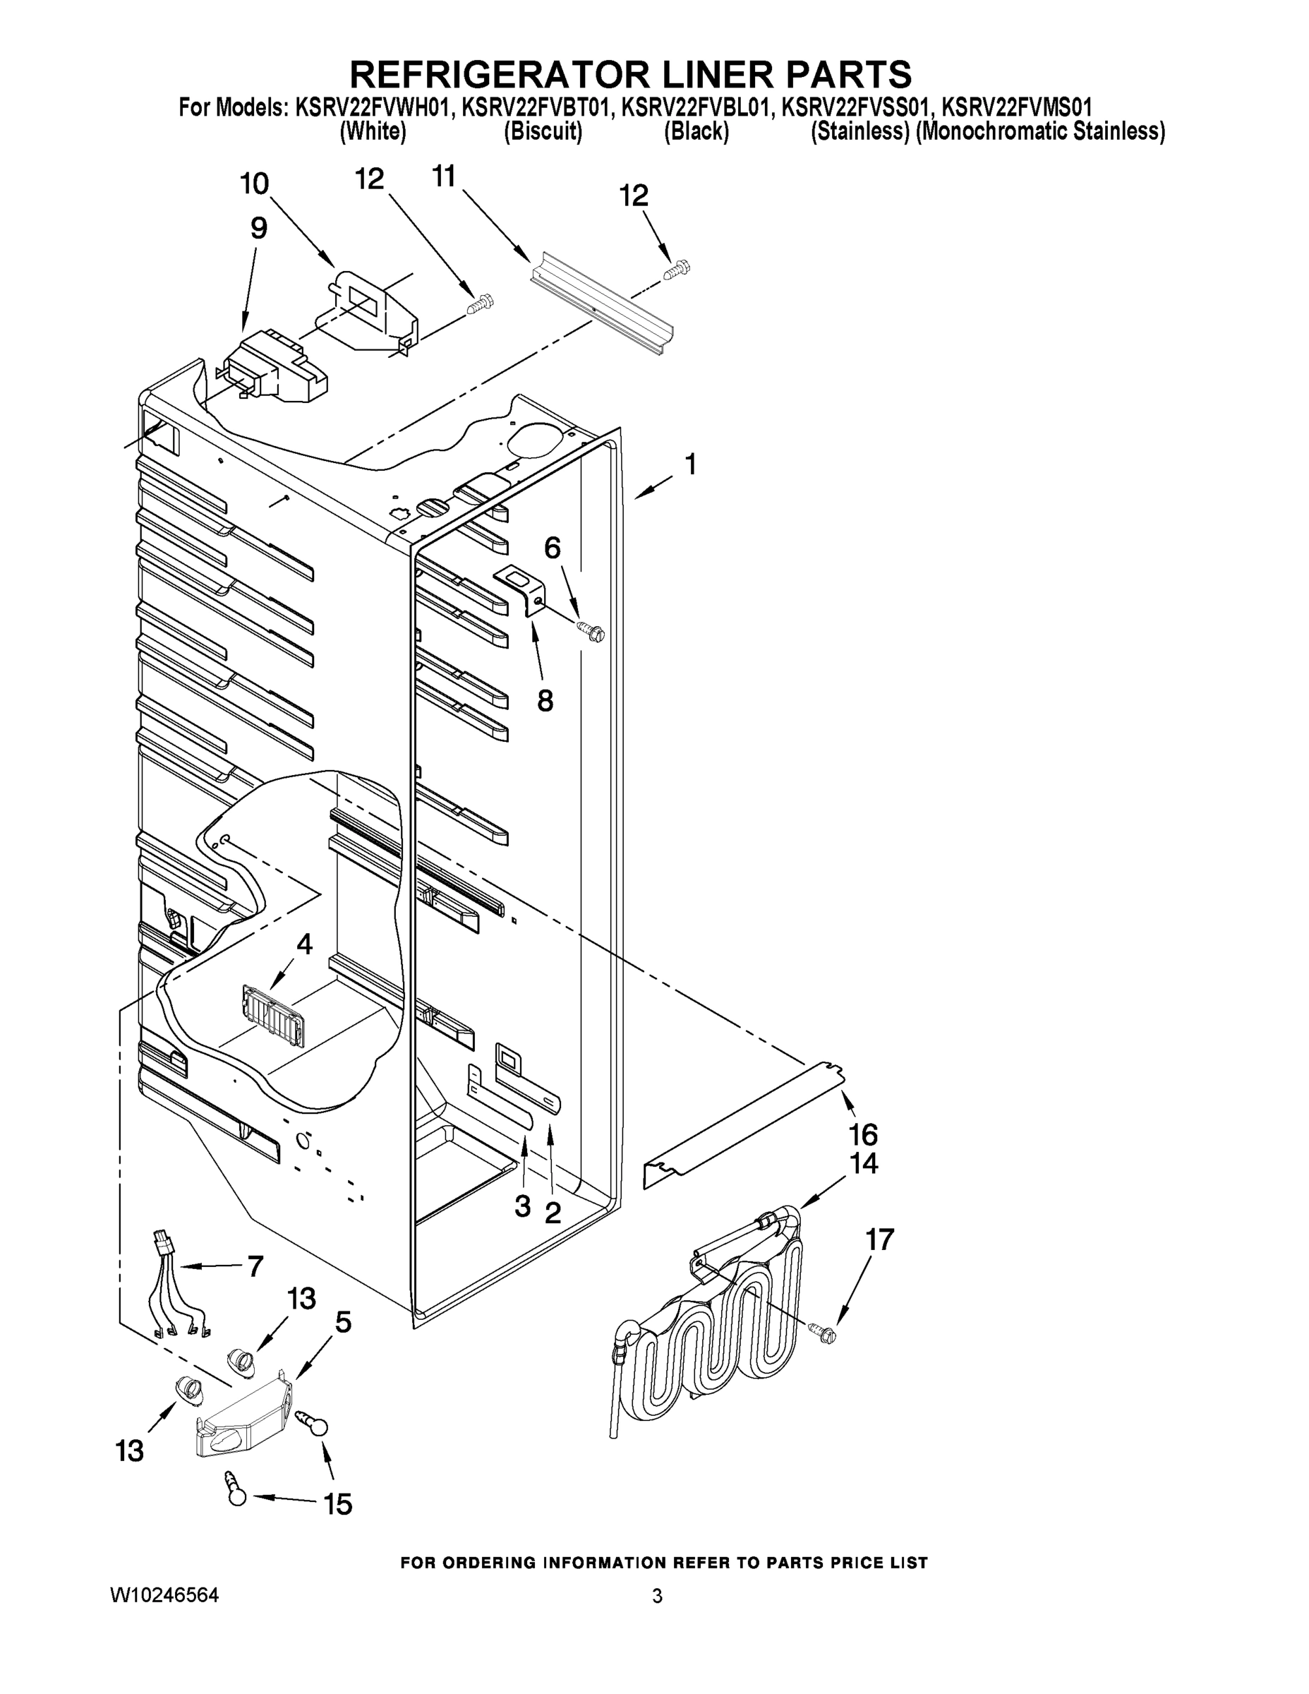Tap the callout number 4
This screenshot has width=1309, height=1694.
tap(305, 944)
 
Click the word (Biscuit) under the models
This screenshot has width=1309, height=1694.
tap(543, 132)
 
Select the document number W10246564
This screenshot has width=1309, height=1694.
tap(165, 1595)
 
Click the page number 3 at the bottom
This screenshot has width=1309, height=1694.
tap(657, 1597)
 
